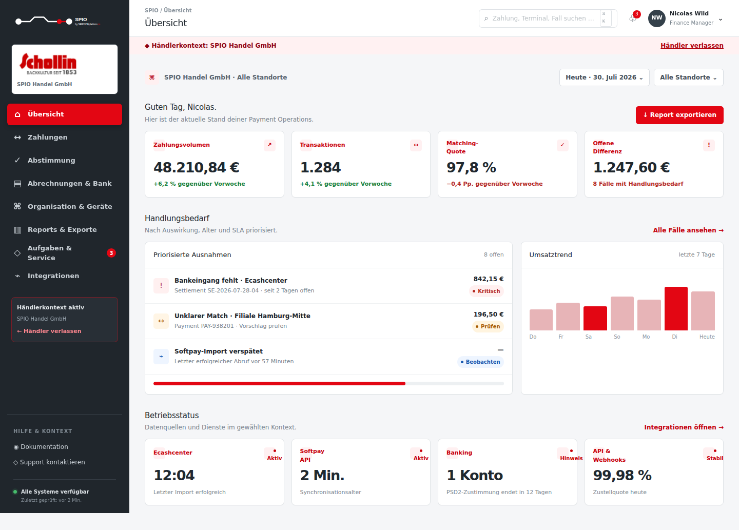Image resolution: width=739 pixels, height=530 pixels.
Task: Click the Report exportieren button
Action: click(x=679, y=115)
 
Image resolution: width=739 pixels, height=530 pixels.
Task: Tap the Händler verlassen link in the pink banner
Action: click(x=692, y=46)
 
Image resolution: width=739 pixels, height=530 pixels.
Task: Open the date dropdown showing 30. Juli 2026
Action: click(x=604, y=77)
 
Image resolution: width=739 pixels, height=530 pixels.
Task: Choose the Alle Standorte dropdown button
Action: click(x=689, y=77)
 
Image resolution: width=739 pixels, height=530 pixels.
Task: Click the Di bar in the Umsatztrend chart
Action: click(x=676, y=308)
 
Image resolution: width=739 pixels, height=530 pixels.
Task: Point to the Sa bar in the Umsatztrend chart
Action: click(x=595, y=318)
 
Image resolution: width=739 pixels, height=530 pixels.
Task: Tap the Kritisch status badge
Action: click(x=487, y=291)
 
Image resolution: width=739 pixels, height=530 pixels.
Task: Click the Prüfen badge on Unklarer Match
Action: click(x=488, y=326)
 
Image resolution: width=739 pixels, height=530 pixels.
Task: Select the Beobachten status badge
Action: click(x=480, y=362)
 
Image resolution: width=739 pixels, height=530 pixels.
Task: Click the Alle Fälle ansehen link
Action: click(x=688, y=230)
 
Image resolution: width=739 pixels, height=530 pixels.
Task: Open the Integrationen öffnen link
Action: click(x=684, y=427)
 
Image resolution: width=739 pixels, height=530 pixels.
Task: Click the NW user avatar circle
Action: click(x=656, y=18)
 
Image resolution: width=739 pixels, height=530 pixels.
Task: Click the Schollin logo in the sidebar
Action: click(x=48, y=64)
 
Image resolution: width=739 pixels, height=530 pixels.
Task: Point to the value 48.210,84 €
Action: click(x=196, y=168)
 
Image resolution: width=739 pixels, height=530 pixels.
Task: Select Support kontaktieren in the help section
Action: click(x=49, y=462)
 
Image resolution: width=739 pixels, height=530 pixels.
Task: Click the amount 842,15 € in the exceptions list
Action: click(x=488, y=279)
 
